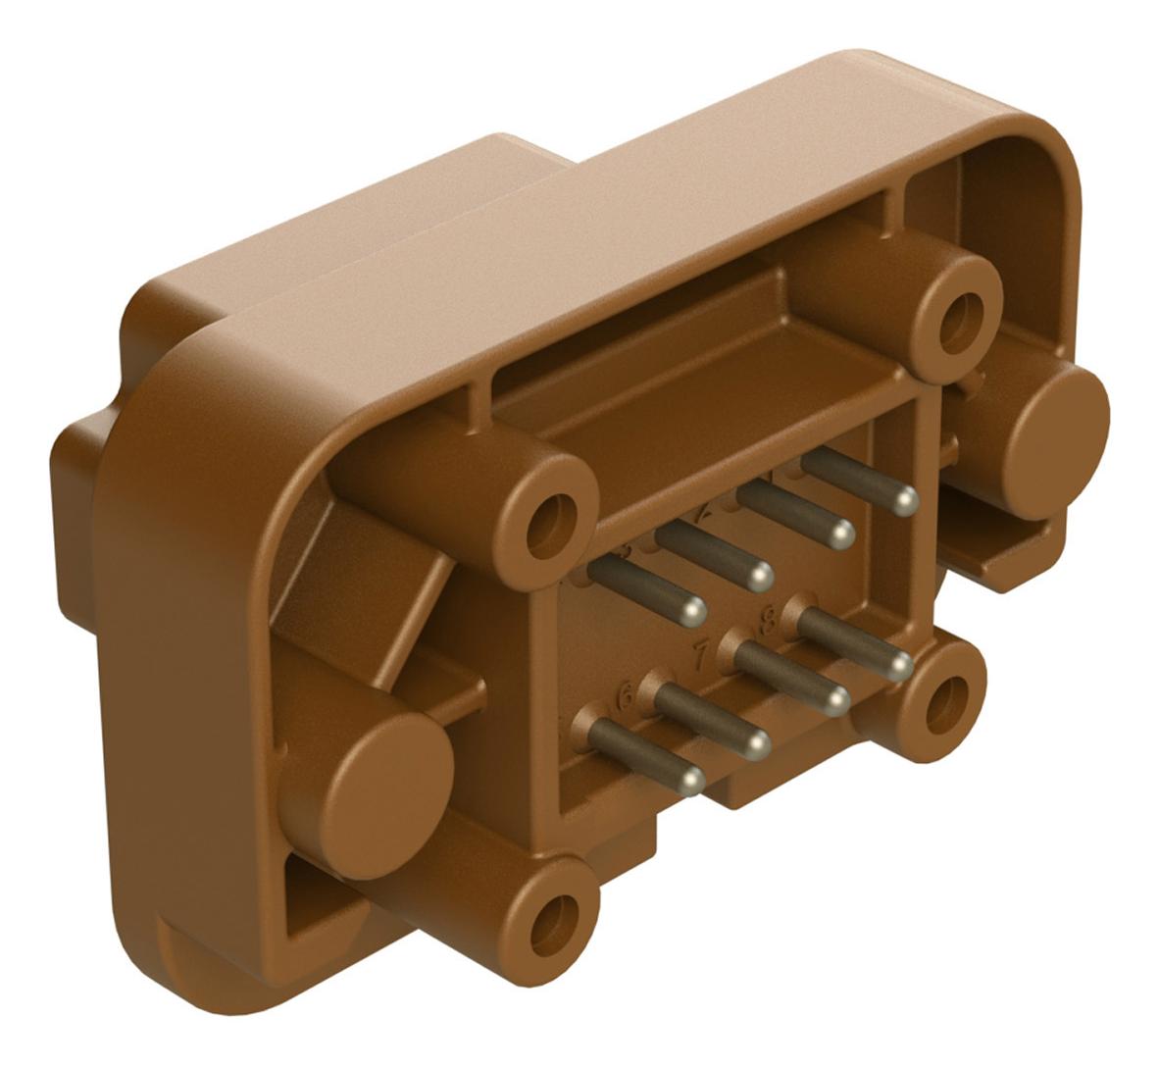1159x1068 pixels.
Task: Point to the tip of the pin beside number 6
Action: tap(756, 745)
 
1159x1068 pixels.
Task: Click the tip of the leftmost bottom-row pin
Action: tap(691, 780)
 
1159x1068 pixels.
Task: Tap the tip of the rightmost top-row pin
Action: tap(905, 501)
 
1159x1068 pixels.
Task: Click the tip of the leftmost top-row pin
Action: tap(693, 611)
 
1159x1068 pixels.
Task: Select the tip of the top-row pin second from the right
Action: tap(839, 534)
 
